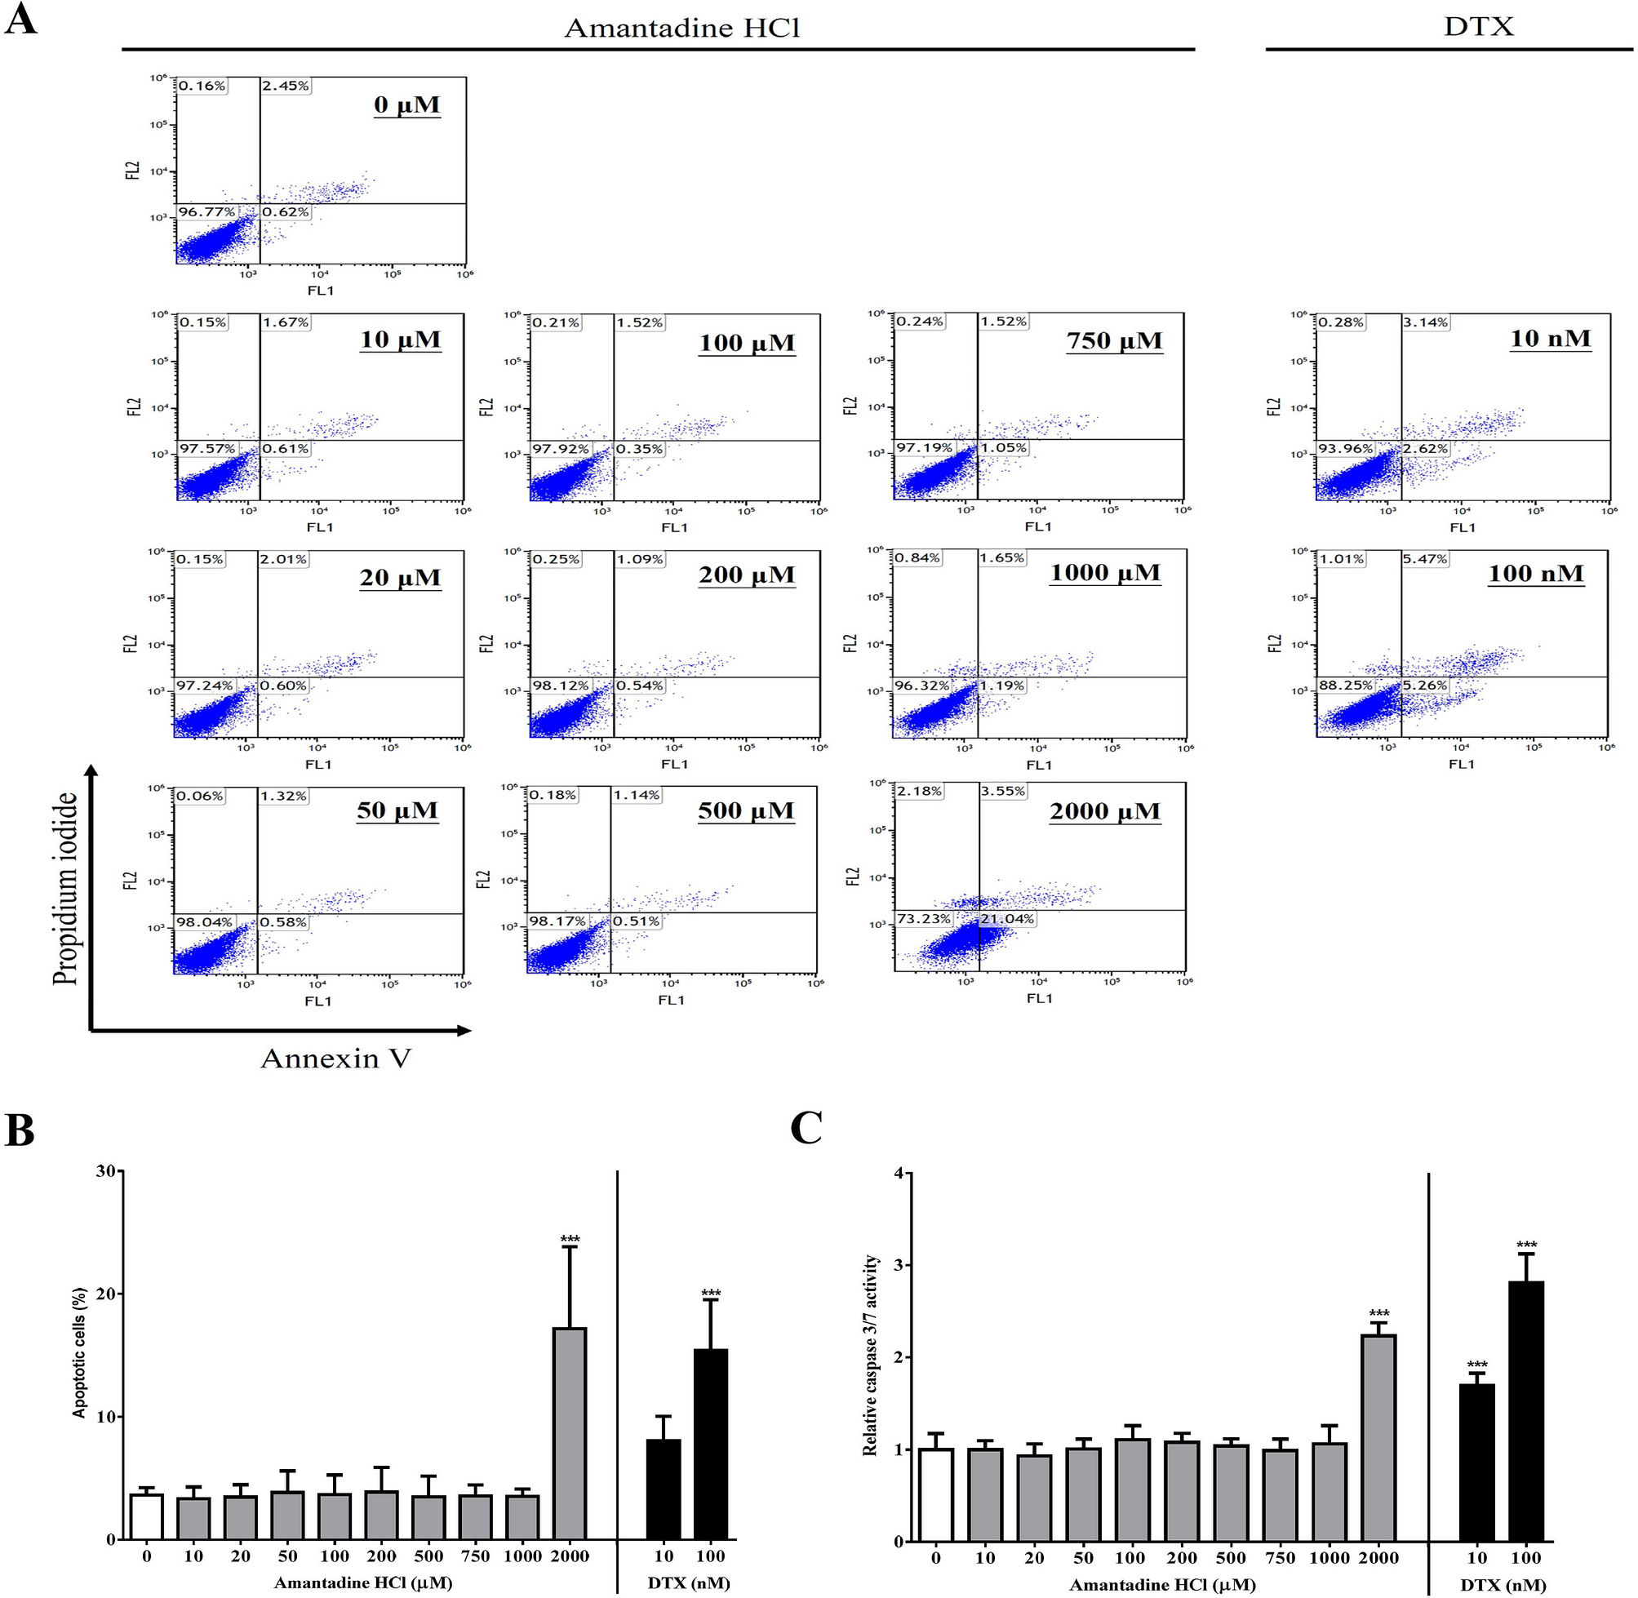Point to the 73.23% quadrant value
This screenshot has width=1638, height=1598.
[x=924, y=919]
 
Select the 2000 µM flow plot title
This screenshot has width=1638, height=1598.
[x=1104, y=811]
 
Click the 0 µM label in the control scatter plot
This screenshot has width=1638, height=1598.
[x=407, y=106]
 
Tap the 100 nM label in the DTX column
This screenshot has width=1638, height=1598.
[x=1536, y=574]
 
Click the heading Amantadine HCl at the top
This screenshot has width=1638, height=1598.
[x=681, y=29]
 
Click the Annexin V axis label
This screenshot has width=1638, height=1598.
[x=335, y=1059]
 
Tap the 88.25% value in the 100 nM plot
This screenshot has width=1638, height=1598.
[x=1345, y=686]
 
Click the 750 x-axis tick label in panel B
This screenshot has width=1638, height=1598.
[x=475, y=1556]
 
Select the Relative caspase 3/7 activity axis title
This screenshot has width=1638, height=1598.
[x=870, y=1355]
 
